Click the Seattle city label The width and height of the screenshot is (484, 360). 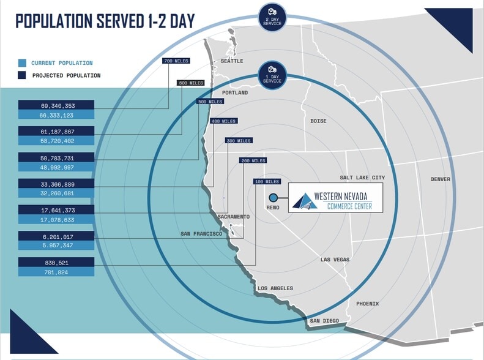(x=232, y=61)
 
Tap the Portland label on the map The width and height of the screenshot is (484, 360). (x=235, y=92)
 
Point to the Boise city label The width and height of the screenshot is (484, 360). (x=318, y=121)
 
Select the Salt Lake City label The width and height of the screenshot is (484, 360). (x=362, y=178)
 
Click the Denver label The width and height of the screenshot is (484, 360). (x=441, y=179)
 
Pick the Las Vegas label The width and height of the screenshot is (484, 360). (x=335, y=260)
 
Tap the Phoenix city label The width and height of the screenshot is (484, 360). (x=367, y=304)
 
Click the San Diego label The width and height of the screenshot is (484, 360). (x=324, y=321)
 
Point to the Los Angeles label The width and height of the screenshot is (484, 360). (x=275, y=288)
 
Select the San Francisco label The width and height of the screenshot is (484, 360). (x=201, y=234)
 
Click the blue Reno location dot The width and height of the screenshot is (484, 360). (x=273, y=197)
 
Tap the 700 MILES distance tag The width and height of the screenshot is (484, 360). (x=176, y=61)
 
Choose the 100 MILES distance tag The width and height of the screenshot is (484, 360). (x=267, y=182)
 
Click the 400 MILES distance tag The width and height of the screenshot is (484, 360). (x=224, y=121)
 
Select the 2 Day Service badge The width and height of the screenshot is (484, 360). (x=272, y=17)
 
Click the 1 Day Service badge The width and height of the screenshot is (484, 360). (x=272, y=75)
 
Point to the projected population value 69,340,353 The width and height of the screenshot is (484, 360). (x=58, y=106)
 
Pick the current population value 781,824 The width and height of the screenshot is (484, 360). (x=56, y=272)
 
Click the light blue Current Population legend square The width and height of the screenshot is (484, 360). (x=22, y=63)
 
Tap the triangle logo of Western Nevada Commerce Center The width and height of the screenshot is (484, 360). (x=305, y=201)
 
